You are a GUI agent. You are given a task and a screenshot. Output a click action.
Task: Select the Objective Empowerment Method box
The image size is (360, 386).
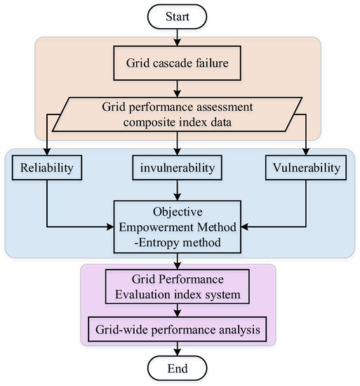click(x=180, y=226)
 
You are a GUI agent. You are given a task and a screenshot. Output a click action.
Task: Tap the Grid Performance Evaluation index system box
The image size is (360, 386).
click(x=180, y=288)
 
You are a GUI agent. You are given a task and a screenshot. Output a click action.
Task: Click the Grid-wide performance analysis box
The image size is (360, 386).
click(x=180, y=326)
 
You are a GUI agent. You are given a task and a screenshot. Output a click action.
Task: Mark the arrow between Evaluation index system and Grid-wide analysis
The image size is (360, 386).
click(x=180, y=310)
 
